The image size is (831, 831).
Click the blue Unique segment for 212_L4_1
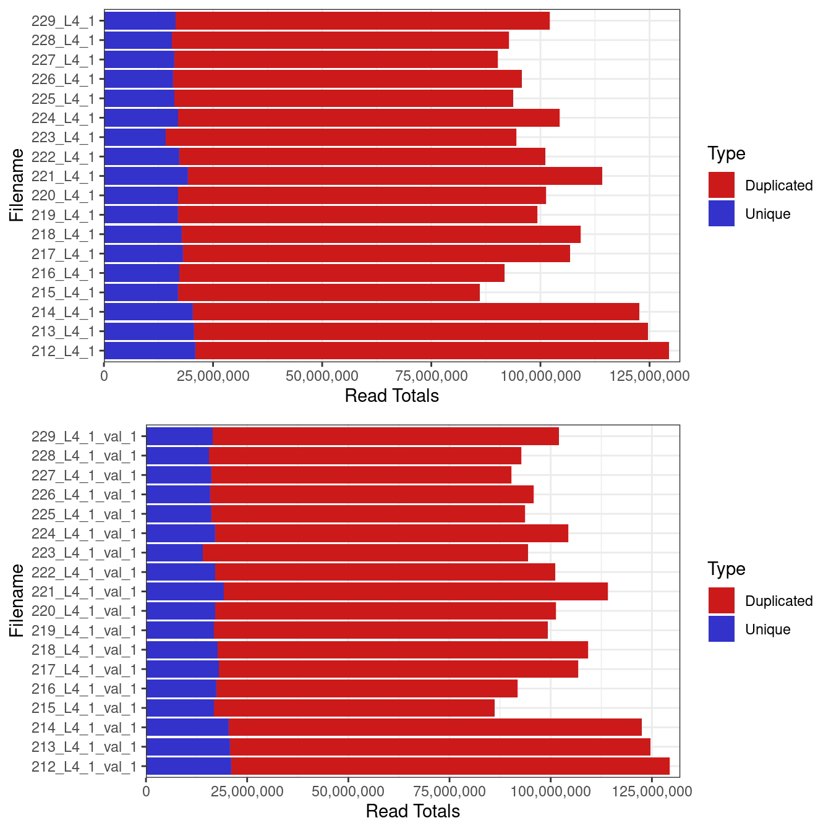point(149,351)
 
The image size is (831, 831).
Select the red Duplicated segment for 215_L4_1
point(328,292)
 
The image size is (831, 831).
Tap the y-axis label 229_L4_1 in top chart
point(63,21)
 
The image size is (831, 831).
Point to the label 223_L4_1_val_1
point(84,553)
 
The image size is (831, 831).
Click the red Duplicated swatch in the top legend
point(722,185)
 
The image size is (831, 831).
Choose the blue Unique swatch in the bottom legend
point(722,629)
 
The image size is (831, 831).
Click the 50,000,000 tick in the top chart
point(322,376)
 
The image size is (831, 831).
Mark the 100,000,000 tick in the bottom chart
point(550,791)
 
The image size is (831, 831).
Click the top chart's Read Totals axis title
point(391,396)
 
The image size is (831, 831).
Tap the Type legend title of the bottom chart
point(726,569)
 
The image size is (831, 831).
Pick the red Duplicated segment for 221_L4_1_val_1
point(415,592)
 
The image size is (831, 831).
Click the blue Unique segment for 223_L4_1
point(135,137)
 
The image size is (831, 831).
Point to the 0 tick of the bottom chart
point(146,791)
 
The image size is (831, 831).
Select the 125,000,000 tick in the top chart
point(649,376)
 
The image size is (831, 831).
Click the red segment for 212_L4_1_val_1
point(450,767)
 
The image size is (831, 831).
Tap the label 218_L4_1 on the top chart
point(63,234)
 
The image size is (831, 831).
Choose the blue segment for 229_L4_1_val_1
point(179,437)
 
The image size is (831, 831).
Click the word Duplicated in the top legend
point(778,185)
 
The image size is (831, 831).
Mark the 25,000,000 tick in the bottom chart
point(247,791)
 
